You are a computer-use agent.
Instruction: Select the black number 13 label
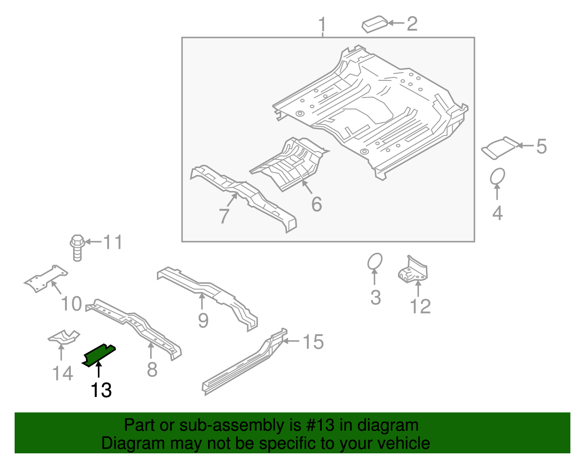click(101, 390)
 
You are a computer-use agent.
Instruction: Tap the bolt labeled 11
click(77, 248)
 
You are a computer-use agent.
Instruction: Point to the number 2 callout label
click(412, 24)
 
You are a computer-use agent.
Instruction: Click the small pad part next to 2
click(374, 24)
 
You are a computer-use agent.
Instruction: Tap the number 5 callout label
click(541, 146)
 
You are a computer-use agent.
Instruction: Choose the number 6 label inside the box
click(317, 204)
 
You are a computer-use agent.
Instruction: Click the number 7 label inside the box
click(224, 216)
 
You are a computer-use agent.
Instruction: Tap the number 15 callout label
click(313, 342)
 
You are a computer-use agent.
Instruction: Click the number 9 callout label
click(203, 321)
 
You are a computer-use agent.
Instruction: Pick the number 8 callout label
click(152, 370)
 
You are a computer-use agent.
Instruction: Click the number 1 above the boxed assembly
click(322, 25)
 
